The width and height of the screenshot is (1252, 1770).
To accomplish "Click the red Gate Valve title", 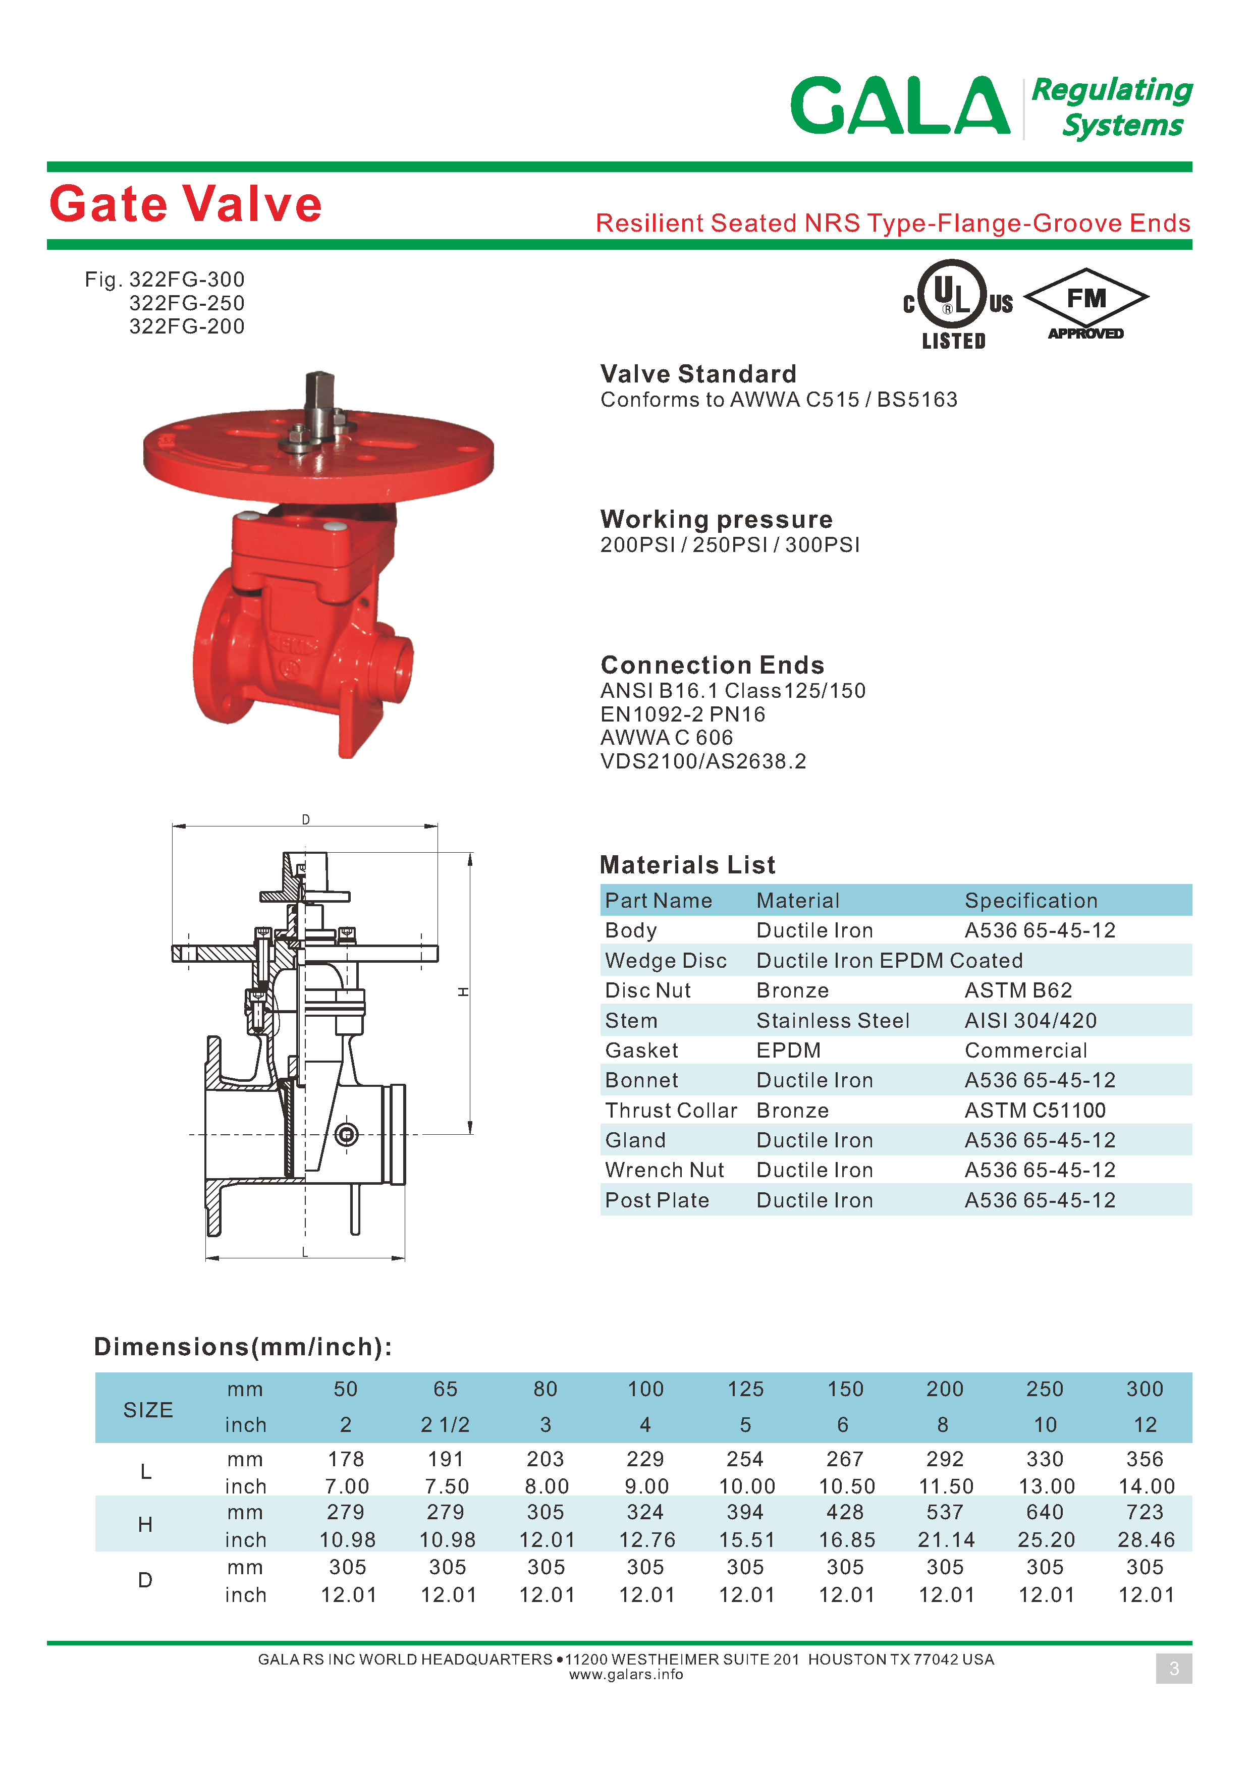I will click(185, 204).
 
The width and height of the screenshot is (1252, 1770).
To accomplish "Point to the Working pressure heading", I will click(716, 519).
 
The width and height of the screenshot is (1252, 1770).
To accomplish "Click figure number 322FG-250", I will click(187, 303).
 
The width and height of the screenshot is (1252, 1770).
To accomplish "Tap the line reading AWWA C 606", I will click(666, 738).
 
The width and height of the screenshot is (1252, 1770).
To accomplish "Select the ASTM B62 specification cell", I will click(1018, 990).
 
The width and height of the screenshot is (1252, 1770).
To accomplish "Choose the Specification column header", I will click(1031, 901).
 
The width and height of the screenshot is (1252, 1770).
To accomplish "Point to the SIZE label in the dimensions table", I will click(148, 1410).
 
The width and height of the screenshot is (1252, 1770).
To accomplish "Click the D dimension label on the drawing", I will click(306, 819).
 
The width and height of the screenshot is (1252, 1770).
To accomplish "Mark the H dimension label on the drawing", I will click(463, 991).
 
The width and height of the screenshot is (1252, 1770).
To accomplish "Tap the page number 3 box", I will click(1173, 1668).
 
